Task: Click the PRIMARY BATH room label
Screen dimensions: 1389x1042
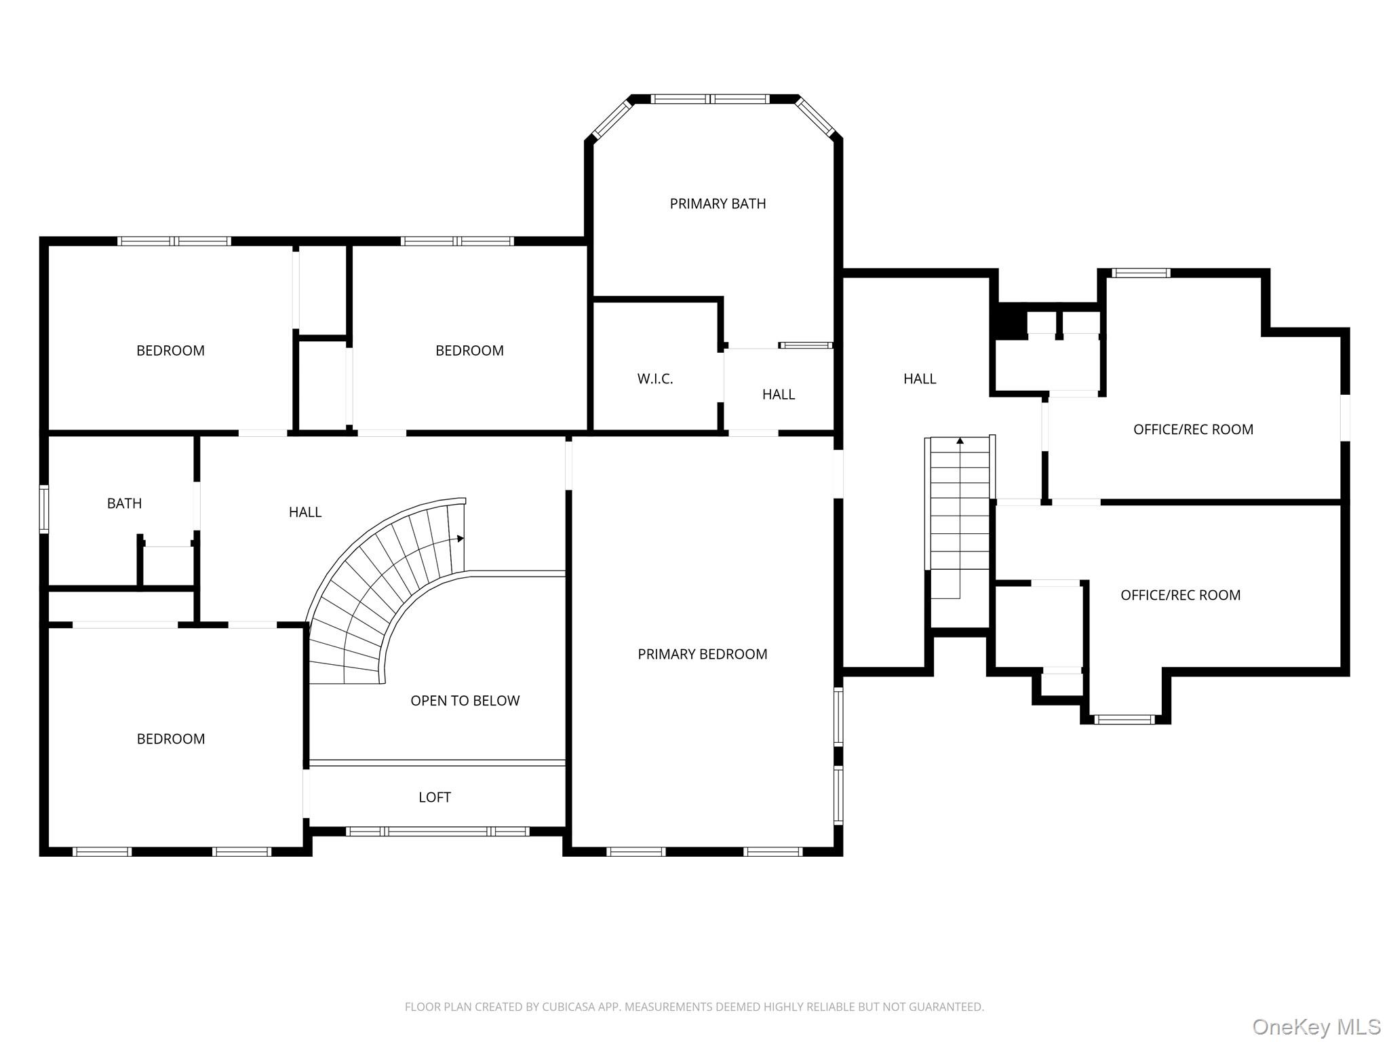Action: [x=718, y=204]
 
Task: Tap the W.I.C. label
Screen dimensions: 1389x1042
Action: [x=655, y=379]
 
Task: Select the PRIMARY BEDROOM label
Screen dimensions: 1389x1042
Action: [x=703, y=654]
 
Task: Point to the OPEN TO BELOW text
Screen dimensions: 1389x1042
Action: [x=465, y=701]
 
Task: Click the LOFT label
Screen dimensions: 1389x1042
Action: [x=435, y=797]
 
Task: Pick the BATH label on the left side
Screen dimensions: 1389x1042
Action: [x=125, y=503]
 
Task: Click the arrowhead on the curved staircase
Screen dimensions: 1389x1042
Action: [x=461, y=539]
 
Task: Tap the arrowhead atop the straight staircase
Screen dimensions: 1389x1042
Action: [x=960, y=441]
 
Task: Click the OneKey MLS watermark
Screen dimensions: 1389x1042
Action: [x=1316, y=1027]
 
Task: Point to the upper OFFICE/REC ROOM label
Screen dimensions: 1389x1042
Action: [x=1193, y=429]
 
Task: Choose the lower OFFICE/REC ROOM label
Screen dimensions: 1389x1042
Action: [x=1180, y=595]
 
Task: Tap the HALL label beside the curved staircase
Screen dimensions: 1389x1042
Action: [x=305, y=512]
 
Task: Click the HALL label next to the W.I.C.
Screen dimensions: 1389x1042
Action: [x=779, y=394]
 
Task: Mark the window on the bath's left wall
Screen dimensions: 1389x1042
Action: [x=44, y=509]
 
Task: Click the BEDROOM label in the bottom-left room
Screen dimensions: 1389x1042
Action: [x=171, y=739]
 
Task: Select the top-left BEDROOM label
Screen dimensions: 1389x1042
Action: [x=170, y=351]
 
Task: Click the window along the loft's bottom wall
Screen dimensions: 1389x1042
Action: [x=437, y=831]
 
